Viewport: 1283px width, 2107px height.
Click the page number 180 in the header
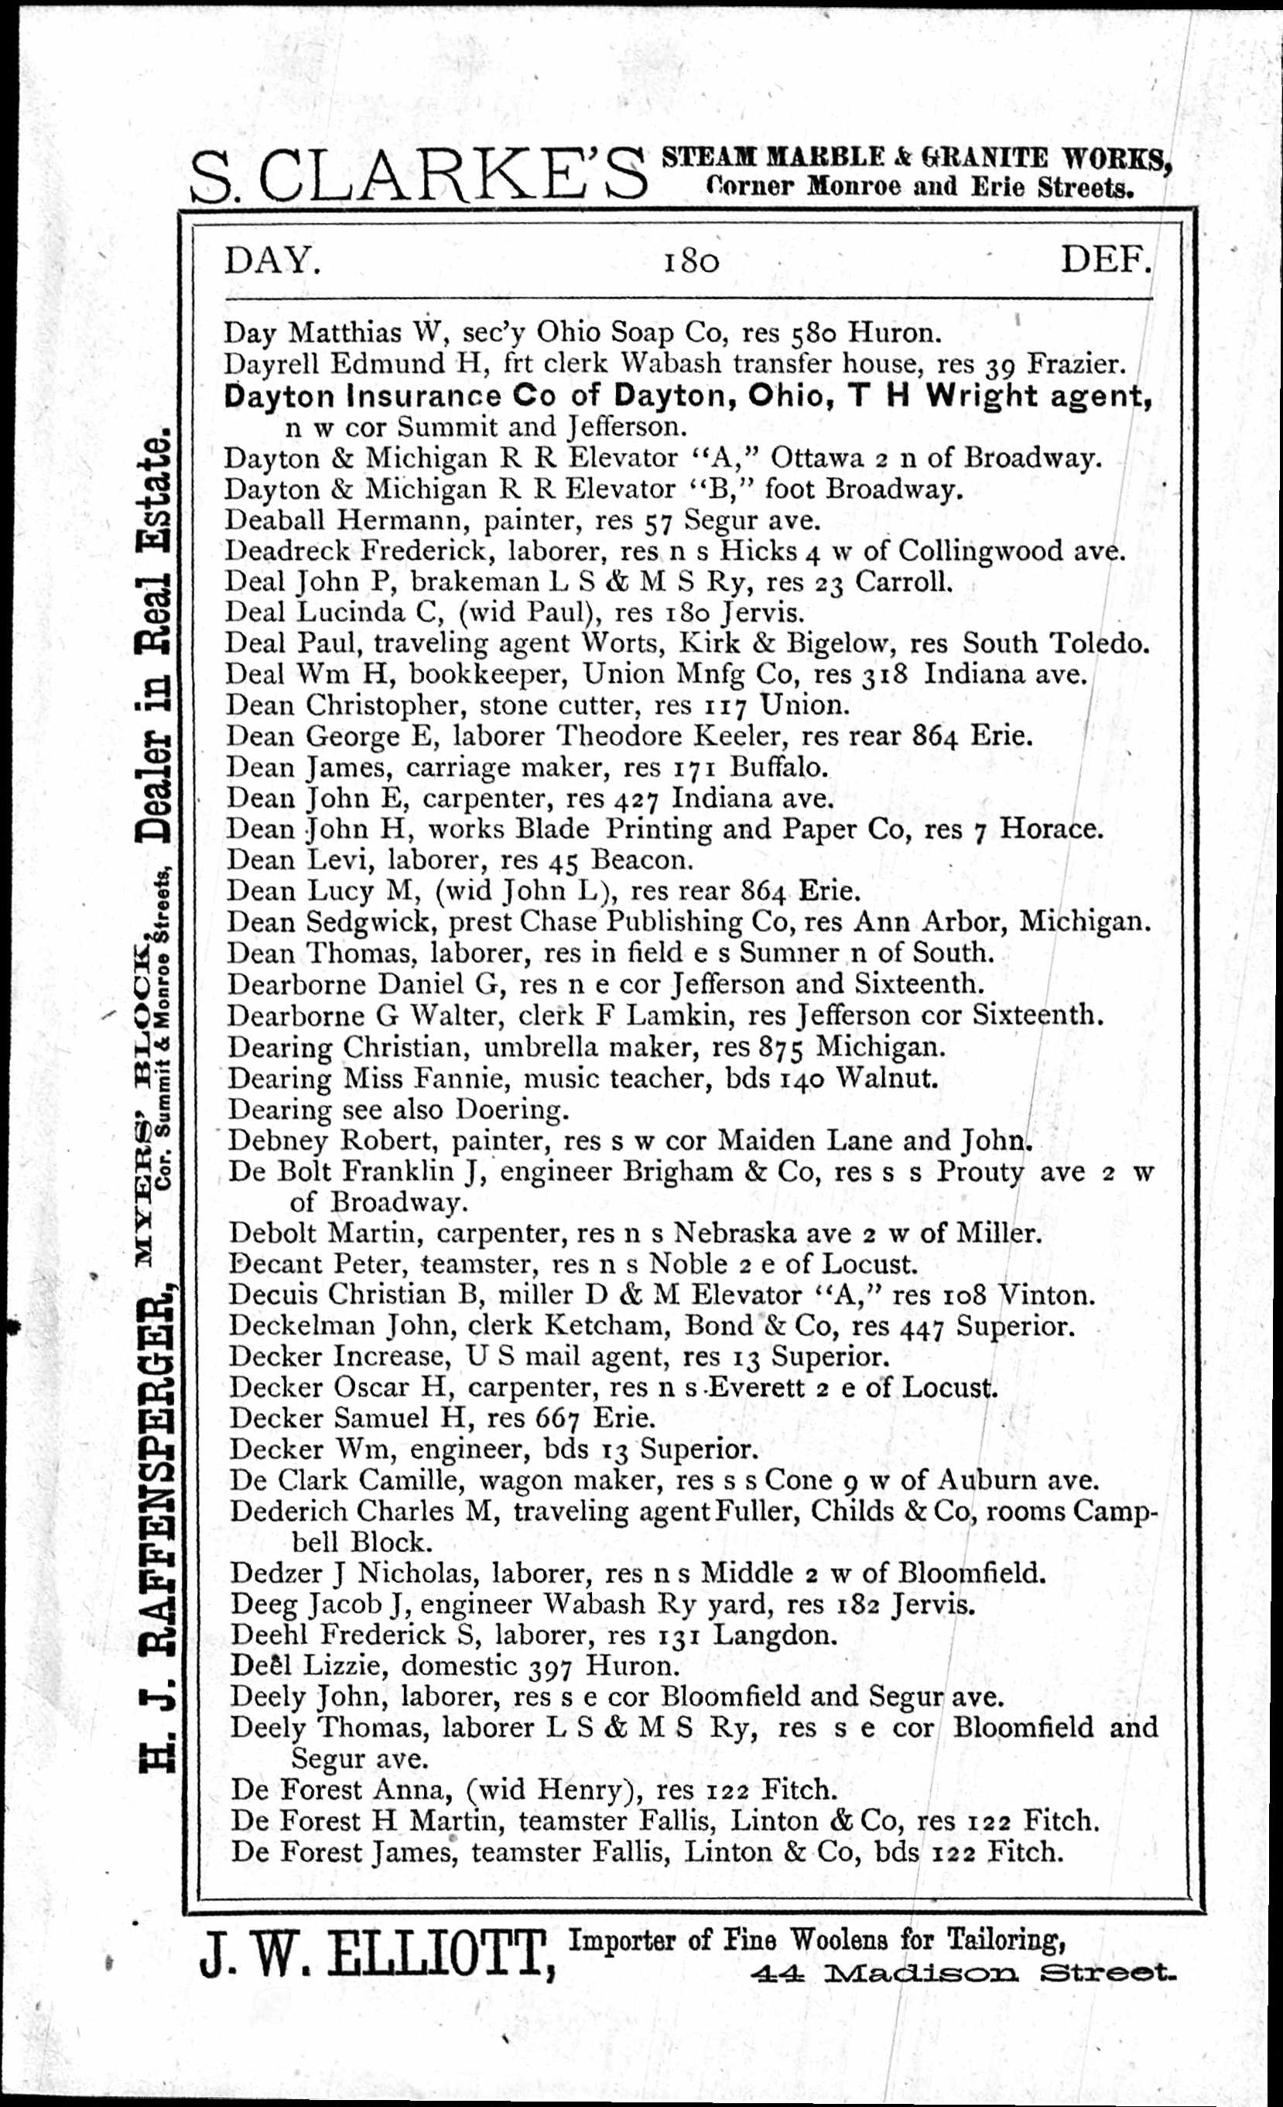[x=693, y=261]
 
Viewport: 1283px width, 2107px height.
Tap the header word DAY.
[x=272, y=260]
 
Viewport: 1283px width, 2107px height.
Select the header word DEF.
[x=1105, y=259]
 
